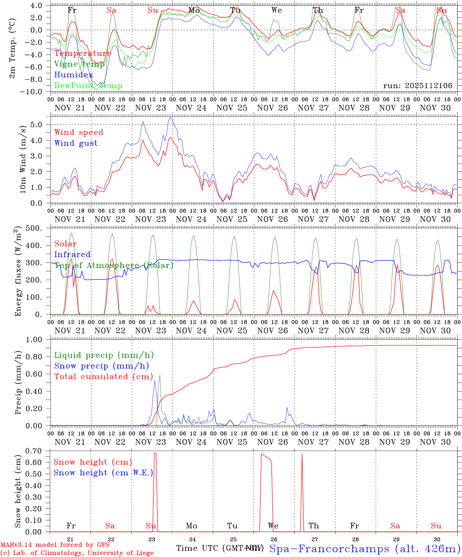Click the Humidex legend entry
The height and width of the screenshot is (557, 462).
coord(74,75)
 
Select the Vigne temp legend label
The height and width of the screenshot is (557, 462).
coord(79,64)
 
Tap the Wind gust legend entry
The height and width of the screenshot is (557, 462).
coord(76,143)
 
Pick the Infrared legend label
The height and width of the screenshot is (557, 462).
coord(72,255)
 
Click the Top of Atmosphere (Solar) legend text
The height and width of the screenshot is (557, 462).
coord(113,265)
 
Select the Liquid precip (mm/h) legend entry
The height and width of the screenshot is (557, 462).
coord(104,355)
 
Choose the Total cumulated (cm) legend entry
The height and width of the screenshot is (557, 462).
coord(103,376)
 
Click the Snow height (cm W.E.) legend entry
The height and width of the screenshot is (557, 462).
coord(103,473)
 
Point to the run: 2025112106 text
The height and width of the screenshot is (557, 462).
coord(418,85)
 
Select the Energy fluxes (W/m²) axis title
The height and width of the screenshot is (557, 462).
coord(18,272)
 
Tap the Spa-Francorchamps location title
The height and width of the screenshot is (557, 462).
coord(364,548)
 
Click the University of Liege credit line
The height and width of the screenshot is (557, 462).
coord(77,553)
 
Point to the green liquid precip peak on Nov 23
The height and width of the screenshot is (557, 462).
coord(160,375)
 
